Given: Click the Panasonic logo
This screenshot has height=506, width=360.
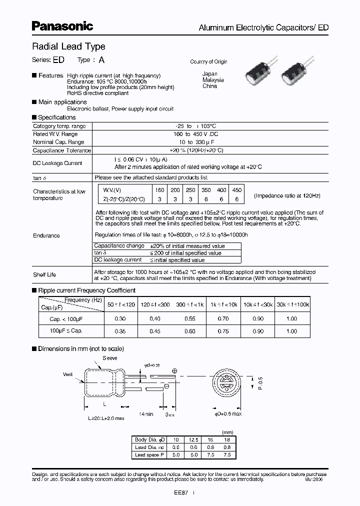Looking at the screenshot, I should click(x=62, y=25).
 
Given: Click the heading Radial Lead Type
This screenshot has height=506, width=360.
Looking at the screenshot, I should click(x=68, y=46).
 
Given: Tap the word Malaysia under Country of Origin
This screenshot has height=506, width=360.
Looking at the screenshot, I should click(x=213, y=80).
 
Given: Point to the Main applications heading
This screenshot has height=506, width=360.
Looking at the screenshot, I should click(x=62, y=102).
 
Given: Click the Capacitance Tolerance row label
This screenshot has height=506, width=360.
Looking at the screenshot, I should click(x=62, y=150).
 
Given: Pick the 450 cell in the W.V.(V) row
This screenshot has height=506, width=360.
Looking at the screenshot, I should click(x=237, y=190).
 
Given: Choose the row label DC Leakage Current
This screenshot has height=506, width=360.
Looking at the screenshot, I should click(x=57, y=163).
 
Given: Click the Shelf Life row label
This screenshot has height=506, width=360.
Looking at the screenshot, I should click(x=44, y=274).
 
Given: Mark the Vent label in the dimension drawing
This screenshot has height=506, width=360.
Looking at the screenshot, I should click(x=68, y=374).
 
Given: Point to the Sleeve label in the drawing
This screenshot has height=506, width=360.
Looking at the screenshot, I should click(x=110, y=358).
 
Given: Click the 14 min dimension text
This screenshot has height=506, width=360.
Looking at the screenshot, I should click(x=145, y=415).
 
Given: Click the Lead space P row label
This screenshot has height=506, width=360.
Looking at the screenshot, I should click(x=147, y=455).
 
